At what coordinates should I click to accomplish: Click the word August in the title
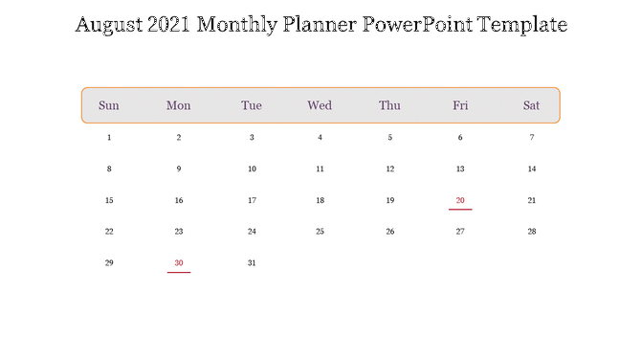pyautogui.click(x=109, y=25)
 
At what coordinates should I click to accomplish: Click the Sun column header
pyautogui.click(x=109, y=105)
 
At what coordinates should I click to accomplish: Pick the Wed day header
pyautogui.click(x=320, y=105)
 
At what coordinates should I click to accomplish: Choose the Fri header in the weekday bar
pyautogui.click(x=460, y=105)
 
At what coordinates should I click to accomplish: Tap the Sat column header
pyautogui.click(x=532, y=105)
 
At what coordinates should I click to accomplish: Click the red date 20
pyautogui.click(x=460, y=200)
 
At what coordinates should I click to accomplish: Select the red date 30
pyautogui.click(x=179, y=262)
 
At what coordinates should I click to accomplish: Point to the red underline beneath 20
pyautogui.click(x=460, y=210)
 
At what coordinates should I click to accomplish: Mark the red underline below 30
pyautogui.click(x=179, y=272)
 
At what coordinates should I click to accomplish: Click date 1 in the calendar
pyautogui.click(x=109, y=138)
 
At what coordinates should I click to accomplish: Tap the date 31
pyautogui.click(x=252, y=262)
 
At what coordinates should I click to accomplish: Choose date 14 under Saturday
pyautogui.click(x=532, y=169)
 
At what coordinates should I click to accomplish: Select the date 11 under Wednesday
pyautogui.click(x=320, y=169)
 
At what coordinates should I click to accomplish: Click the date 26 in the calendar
pyautogui.click(x=389, y=232)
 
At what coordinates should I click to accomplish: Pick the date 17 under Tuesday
pyautogui.click(x=252, y=201)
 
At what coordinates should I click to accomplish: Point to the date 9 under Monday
pyautogui.click(x=179, y=169)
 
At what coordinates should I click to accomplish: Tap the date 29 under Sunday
pyautogui.click(x=109, y=262)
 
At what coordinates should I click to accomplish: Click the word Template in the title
pyautogui.click(x=521, y=25)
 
